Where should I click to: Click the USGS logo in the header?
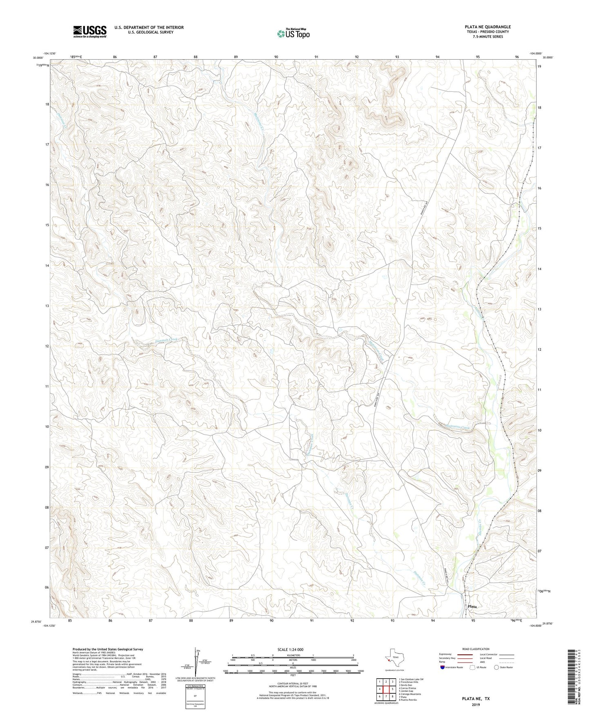pyautogui.click(x=89, y=31)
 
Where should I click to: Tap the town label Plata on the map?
pyautogui.click(x=472, y=606)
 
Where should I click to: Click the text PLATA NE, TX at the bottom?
pyautogui.click(x=476, y=699)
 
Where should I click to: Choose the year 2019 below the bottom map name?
pyautogui.click(x=476, y=705)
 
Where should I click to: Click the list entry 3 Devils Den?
pyautogui.click(x=406, y=685)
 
